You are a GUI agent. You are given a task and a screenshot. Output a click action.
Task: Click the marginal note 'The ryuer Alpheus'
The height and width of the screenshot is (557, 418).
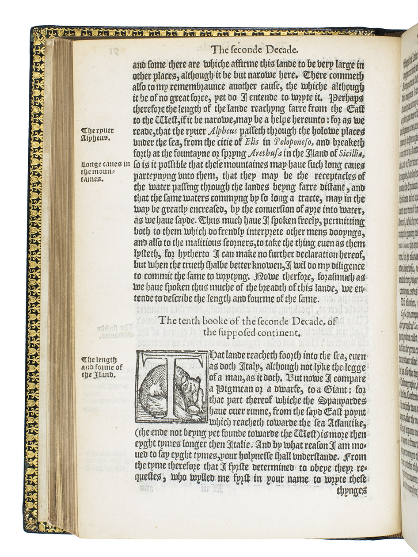point(98,134)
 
